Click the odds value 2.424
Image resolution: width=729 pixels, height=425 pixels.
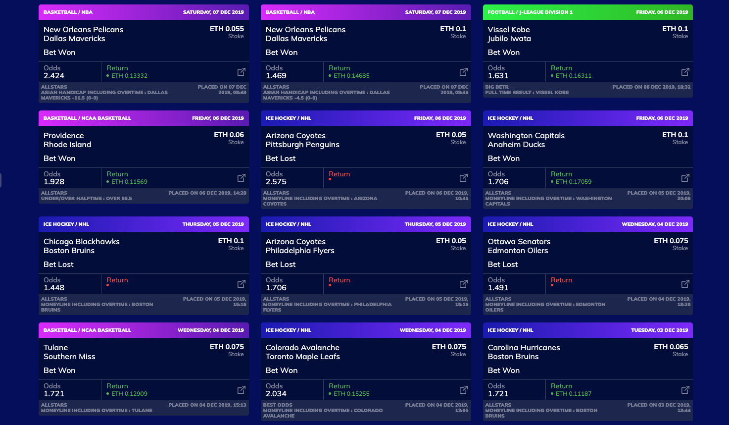54,76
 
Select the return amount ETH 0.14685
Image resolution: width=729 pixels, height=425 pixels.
351,76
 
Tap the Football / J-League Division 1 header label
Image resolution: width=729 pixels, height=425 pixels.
530,12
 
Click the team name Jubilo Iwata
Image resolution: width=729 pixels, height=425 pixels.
509,39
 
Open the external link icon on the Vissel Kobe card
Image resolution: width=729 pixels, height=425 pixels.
685,72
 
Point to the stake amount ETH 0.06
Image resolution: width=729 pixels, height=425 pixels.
229,135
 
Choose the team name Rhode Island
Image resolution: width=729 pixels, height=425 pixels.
67,145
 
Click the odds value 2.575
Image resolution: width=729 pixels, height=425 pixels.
276,182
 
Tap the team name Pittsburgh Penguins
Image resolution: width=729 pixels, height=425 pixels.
302,145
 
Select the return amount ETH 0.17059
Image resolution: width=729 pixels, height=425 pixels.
574,182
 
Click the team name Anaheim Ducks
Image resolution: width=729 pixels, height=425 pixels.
516,145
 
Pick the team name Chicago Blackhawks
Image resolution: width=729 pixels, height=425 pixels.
82,242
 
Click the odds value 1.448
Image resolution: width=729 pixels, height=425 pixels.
54,288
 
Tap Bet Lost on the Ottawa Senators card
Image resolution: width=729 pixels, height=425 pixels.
503,265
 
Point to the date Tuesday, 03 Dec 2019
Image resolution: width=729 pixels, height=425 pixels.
659,330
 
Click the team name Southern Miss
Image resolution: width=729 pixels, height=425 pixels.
69,357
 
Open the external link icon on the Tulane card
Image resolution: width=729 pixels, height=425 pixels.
242,390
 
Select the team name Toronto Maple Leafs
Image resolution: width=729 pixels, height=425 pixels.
303,357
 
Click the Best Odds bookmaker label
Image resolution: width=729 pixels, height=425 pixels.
278,405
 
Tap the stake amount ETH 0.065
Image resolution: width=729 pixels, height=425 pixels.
671,347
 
